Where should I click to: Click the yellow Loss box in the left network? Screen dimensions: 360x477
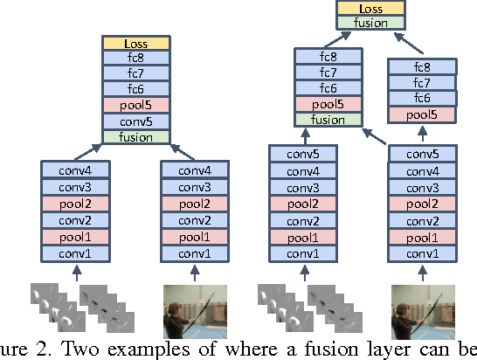[x=135, y=42]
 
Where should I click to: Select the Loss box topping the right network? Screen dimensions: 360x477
[x=366, y=8]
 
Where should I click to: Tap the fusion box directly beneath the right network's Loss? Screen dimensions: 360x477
[x=366, y=23]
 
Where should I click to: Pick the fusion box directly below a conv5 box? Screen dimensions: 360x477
[x=135, y=136]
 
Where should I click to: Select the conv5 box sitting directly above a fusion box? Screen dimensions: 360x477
[x=135, y=121]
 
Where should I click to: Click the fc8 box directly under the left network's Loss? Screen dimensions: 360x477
[x=135, y=58]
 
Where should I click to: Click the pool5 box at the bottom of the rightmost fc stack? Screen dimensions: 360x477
[x=422, y=115]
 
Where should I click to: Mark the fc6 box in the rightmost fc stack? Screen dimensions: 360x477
[x=422, y=99]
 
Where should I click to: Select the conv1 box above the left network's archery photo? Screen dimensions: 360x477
[x=196, y=253]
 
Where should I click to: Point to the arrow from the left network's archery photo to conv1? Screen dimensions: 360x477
[x=196, y=272]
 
